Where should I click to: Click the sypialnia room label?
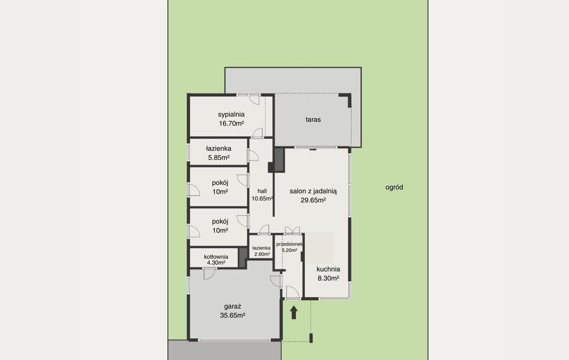pyautogui.click(x=231, y=114)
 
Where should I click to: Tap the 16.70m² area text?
pyautogui.click(x=231, y=123)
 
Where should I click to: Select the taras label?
pyautogui.click(x=313, y=119)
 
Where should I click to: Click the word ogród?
pyautogui.click(x=395, y=187)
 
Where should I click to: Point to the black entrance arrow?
pyautogui.click(x=294, y=312)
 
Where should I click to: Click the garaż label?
pyautogui.click(x=233, y=306)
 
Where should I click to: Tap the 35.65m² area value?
pyautogui.click(x=233, y=316)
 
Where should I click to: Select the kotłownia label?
pyautogui.click(x=216, y=257)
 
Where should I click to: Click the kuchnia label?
pyautogui.click(x=328, y=269)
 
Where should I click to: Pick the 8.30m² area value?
pyautogui.click(x=328, y=278)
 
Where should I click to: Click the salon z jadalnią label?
pyautogui.click(x=313, y=191)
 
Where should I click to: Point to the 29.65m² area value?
pyautogui.click(x=313, y=200)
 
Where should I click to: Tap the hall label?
pyautogui.click(x=262, y=191)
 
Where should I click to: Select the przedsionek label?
pyautogui.click(x=290, y=244)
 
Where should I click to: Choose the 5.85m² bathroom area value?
pyautogui.click(x=218, y=158)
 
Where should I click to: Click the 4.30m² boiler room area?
pyautogui.click(x=216, y=262)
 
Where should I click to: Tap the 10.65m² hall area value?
pyautogui.click(x=262, y=198)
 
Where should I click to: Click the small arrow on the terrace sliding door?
pyautogui.click(x=313, y=149)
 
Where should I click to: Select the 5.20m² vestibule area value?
pyautogui.click(x=289, y=250)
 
